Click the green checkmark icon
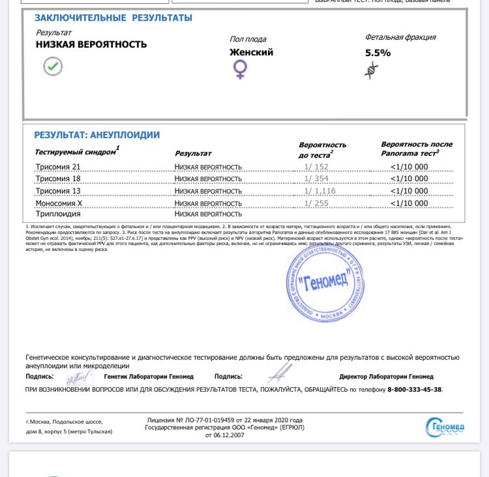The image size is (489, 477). click(x=53, y=66)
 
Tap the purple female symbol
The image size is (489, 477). click(x=240, y=70)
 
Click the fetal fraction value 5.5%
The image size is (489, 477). click(x=378, y=53)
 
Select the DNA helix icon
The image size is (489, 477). click(x=372, y=70)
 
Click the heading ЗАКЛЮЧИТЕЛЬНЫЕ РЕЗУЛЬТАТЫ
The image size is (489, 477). click(x=113, y=18)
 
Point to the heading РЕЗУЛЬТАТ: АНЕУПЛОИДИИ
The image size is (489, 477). click(x=96, y=135)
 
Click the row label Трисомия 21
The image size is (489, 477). click(x=57, y=167)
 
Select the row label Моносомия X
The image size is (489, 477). click(x=59, y=203)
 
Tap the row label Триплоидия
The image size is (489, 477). click(x=59, y=214)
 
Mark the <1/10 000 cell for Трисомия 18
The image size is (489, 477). click(x=409, y=179)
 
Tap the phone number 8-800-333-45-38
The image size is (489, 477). click(x=414, y=390)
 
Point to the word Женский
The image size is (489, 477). click(x=251, y=52)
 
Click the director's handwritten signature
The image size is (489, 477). click(x=280, y=373)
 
